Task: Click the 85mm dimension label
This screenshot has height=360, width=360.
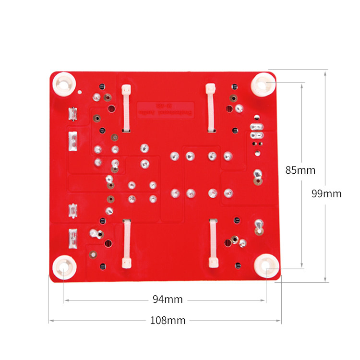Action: [300, 170]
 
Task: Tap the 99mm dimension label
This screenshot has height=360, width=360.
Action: [326, 193]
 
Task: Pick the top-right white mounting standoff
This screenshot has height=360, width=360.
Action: [263, 84]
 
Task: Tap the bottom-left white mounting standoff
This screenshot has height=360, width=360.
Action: [64, 267]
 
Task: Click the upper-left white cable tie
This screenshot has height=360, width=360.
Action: [126, 108]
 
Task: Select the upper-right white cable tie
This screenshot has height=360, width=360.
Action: [210, 108]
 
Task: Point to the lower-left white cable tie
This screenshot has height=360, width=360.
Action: [127, 242]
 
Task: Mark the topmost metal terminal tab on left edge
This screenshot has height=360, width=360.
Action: [72, 114]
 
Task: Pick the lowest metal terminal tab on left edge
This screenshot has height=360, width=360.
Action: [72, 237]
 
